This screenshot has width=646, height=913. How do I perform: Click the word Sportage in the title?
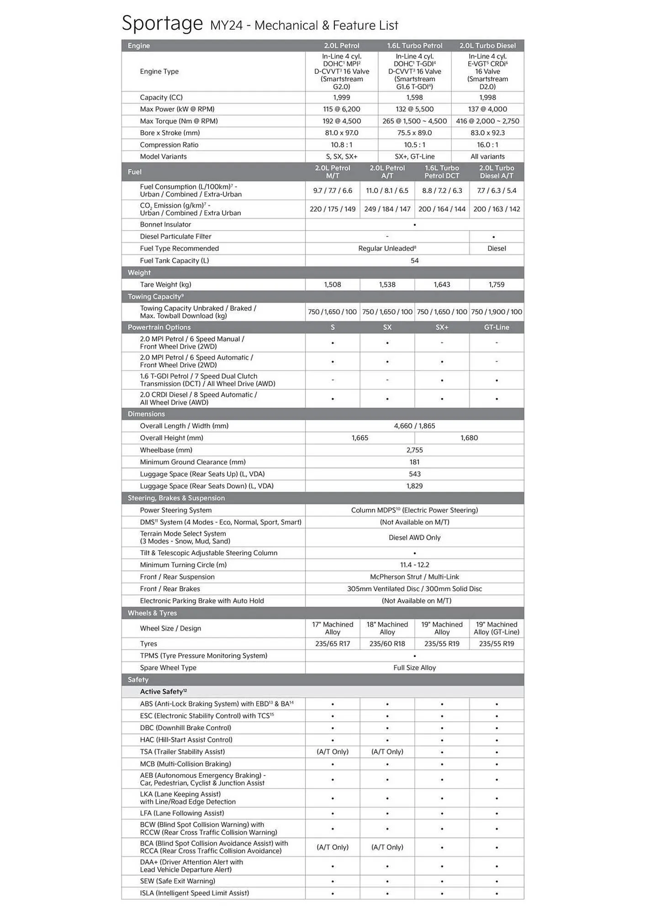162,24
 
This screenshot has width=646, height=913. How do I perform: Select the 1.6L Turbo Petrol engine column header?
414,46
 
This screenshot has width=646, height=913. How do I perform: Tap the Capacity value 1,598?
414,97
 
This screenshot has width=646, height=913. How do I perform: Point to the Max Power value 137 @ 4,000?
487,109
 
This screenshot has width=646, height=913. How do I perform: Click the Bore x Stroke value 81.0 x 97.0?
341,133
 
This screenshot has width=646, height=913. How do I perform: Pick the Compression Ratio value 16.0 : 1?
487,145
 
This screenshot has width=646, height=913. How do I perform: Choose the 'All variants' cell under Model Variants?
487,157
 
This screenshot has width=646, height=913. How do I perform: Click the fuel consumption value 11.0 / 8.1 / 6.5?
387,190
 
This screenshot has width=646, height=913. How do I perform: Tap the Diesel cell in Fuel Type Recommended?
497,248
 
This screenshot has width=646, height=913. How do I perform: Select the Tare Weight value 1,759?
497,284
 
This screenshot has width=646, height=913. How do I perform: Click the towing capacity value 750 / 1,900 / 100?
497,312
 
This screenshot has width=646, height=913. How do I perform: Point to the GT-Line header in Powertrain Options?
497,327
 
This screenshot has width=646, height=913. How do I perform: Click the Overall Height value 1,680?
469,438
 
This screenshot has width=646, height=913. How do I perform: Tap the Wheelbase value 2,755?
414,450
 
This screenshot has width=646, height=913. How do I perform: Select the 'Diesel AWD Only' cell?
414,537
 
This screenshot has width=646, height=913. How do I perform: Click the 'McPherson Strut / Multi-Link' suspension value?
414,577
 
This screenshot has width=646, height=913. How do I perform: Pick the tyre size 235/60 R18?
387,644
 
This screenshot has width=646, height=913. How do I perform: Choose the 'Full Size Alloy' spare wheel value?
414,667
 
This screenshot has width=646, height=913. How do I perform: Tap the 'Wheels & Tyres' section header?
152,613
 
